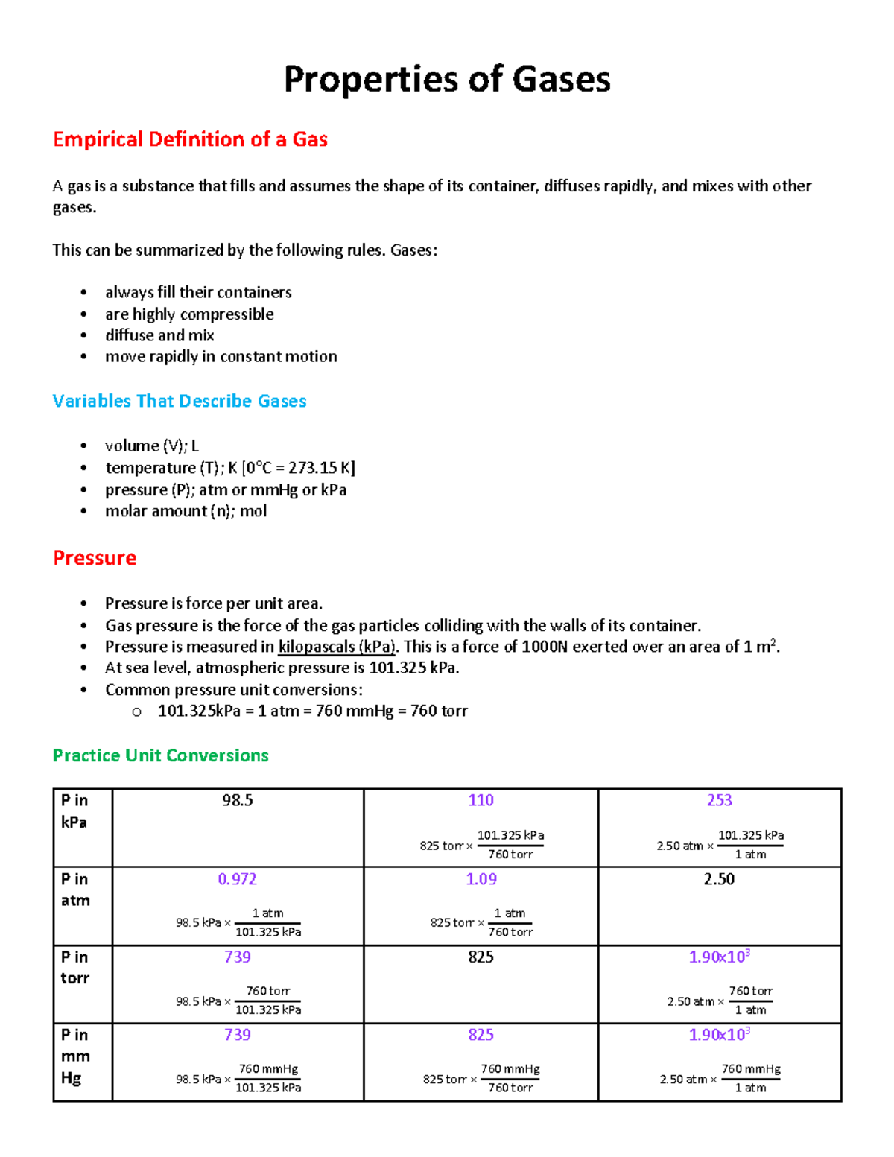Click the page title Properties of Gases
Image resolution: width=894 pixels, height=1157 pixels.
click(x=447, y=79)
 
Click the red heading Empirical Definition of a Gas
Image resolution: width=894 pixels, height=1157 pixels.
click(x=190, y=139)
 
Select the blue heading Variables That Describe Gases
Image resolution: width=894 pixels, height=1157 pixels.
click(x=180, y=401)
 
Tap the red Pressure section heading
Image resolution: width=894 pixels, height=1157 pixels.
click(x=95, y=558)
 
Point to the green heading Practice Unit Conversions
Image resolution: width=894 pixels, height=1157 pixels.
click(x=160, y=755)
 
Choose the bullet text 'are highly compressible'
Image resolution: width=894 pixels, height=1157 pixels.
click(x=189, y=314)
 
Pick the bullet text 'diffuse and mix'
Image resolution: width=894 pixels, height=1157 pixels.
click(x=159, y=335)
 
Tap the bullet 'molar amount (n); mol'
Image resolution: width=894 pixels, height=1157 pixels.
click(x=186, y=511)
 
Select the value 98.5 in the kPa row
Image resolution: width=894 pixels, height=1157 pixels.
click(x=237, y=800)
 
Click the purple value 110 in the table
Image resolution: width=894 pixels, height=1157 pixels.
click(x=481, y=800)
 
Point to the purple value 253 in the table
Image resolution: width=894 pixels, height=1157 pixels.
click(x=719, y=800)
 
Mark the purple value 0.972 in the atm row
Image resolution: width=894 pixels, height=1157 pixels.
click(x=237, y=879)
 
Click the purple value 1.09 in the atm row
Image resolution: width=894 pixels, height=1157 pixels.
click(x=481, y=879)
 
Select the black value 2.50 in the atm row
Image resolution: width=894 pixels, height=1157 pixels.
click(x=719, y=879)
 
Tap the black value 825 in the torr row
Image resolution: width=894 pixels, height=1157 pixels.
click(x=481, y=957)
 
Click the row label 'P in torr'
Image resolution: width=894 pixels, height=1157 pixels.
click(x=74, y=967)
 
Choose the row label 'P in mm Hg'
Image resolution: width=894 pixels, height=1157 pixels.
click(x=75, y=1056)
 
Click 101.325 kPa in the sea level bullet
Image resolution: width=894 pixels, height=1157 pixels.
click(x=413, y=668)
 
